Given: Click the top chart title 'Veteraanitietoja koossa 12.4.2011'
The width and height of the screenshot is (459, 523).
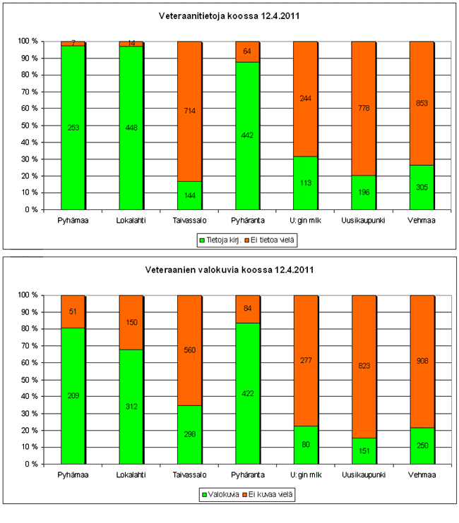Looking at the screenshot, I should (228, 15).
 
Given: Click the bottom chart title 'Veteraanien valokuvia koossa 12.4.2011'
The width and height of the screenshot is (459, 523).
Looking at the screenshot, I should (229, 270).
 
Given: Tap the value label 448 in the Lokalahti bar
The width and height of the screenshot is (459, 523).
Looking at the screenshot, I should (131, 128).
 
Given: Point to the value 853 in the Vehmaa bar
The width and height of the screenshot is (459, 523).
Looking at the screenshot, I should (422, 103).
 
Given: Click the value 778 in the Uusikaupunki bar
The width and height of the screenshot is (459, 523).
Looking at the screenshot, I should (364, 108).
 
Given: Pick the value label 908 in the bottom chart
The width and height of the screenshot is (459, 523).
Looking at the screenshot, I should (422, 361).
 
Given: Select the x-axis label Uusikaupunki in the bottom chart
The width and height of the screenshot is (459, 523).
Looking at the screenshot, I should (364, 475).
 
